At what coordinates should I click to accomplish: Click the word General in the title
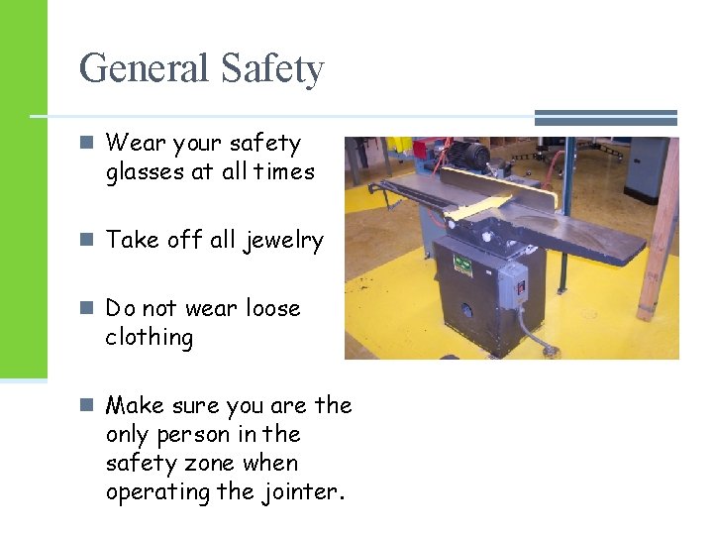click(x=144, y=69)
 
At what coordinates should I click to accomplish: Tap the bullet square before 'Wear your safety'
click(x=88, y=144)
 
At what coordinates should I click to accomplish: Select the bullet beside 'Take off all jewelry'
click(x=88, y=240)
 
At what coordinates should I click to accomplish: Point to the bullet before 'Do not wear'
click(x=88, y=308)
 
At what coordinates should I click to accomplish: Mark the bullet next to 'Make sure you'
click(x=88, y=405)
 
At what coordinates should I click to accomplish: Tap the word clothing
click(x=150, y=338)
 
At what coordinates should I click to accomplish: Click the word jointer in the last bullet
click(x=306, y=492)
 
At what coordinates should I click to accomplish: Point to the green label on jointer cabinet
click(x=461, y=263)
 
